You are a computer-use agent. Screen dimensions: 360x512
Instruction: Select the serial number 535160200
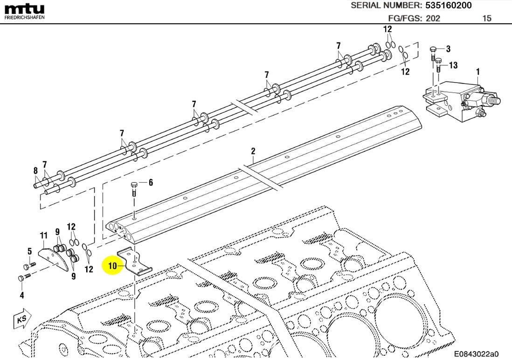pyautogui.click(x=448, y=6)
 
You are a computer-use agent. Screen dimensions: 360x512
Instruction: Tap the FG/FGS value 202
pyautogui.click(x=431, y=19)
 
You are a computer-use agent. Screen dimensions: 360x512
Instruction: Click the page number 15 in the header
pyautogui.click(x=486, y=19)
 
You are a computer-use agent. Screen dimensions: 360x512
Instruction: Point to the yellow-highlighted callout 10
pyautogui.click(x=112, y=266)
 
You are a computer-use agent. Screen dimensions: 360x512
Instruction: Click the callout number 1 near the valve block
pyautogui.click(x=477, y=71)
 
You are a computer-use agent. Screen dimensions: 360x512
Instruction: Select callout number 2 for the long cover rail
pyautogui.click(x=253, y=151)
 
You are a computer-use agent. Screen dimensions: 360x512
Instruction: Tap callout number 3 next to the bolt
pyautogui.click(x=448, y=49)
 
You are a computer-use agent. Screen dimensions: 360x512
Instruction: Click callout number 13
pyautogui.click(x=453, y=65)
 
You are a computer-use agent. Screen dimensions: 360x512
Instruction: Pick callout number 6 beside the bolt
pyautogui.click(x=151, y=183)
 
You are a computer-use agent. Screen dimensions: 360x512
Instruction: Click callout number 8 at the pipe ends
pyautogui.click(x=35, y=171)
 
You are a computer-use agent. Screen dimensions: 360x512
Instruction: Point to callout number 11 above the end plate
pyautogui.click(x=43, y=235)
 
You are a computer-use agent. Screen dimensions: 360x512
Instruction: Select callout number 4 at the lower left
pyautogui.click(x=21, y=295)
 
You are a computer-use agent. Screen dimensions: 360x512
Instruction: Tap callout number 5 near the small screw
pyautogui.click(x=29, y=251)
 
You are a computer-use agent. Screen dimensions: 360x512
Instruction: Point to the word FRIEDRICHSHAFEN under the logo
pyautogui.click(x=24, y=17)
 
